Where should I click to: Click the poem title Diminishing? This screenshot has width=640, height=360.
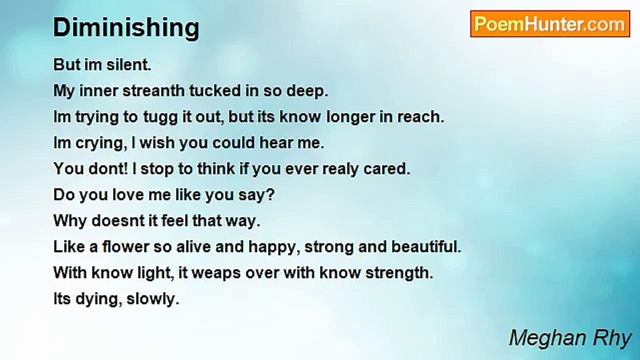(126, 27)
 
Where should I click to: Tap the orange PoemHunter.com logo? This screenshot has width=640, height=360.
(550, 24)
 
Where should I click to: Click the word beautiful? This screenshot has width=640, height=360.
(426, 246)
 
